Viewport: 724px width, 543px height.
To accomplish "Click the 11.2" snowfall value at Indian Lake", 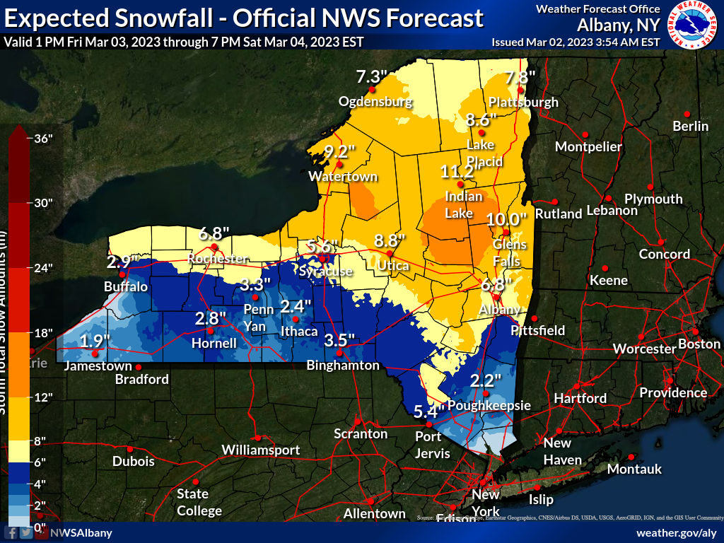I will coord(457,172).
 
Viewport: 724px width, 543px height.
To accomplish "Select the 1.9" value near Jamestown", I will coord(94,341).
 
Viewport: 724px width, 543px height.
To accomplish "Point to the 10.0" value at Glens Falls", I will coord(506,219).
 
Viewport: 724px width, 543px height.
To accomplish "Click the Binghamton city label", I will coord(343,366).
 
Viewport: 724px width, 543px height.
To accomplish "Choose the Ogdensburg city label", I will coord(375,101).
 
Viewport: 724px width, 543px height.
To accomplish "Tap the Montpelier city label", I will coord(588,147).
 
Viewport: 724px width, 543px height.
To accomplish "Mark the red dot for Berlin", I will coord(687,114).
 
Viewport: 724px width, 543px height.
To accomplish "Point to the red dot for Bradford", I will coord(139,368).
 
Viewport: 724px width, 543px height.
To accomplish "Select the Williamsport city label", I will coord(261,450).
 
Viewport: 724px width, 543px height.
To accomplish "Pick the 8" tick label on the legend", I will coord(39,440).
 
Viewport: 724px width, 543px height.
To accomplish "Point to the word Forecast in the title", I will coord(432,18).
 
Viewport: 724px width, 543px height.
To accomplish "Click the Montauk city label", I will coord(634,469).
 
